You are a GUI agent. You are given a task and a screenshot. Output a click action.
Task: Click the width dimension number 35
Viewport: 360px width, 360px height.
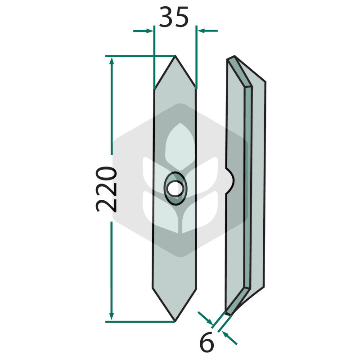click(174, 17)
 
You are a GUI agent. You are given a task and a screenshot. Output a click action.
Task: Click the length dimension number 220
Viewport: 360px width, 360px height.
click(106, 189)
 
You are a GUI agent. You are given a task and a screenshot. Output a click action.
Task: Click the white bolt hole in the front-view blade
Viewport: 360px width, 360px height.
click(175, 189)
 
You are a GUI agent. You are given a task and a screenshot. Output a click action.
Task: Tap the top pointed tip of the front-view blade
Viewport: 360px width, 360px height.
click(175, 55)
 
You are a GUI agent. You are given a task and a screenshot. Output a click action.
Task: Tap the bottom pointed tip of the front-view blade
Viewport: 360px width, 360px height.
click(175, 321)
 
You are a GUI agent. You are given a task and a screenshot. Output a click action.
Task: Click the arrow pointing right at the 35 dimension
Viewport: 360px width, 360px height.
click(143, 31)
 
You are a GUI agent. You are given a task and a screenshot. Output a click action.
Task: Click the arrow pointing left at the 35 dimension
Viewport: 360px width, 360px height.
click(207, 31)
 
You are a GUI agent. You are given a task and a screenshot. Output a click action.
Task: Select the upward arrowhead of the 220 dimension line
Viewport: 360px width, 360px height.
click(112, 63)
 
